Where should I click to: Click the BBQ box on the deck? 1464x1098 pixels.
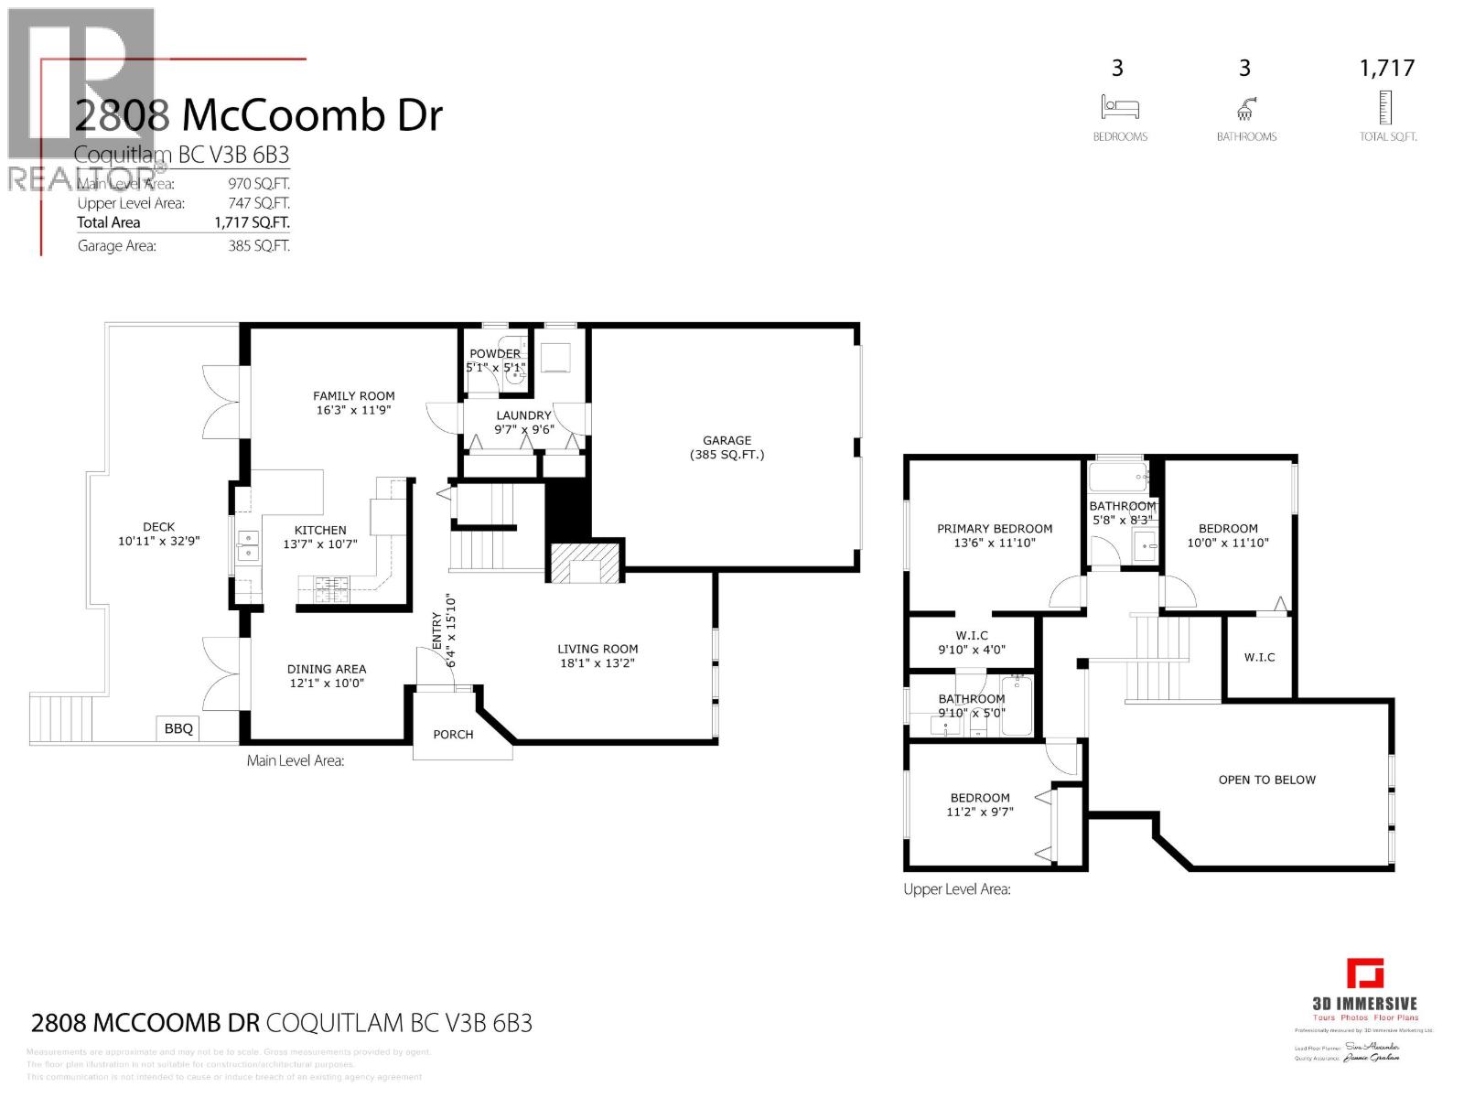point(178,728)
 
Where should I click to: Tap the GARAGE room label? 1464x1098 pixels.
point(727,440)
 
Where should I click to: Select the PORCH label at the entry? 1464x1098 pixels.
point(453,734)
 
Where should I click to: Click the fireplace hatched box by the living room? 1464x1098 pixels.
point(585,562)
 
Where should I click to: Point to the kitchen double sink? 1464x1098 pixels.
point(246,546)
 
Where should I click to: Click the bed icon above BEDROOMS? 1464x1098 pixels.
point(1119,107)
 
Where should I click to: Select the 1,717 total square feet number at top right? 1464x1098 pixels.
point(1387,68)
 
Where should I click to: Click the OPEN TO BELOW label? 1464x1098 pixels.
point(1266,780)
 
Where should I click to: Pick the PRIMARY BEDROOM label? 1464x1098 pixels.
point(994,528)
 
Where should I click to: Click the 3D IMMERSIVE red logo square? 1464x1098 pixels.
point(1365,973)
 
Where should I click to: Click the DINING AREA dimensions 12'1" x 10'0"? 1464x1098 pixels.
point(327,683)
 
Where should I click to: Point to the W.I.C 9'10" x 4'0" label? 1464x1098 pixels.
point(971,642)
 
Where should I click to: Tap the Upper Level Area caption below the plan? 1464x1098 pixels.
point(956,888)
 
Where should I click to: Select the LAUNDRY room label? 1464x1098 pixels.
point(522,414)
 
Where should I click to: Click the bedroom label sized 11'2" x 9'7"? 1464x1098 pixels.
point(979,804)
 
